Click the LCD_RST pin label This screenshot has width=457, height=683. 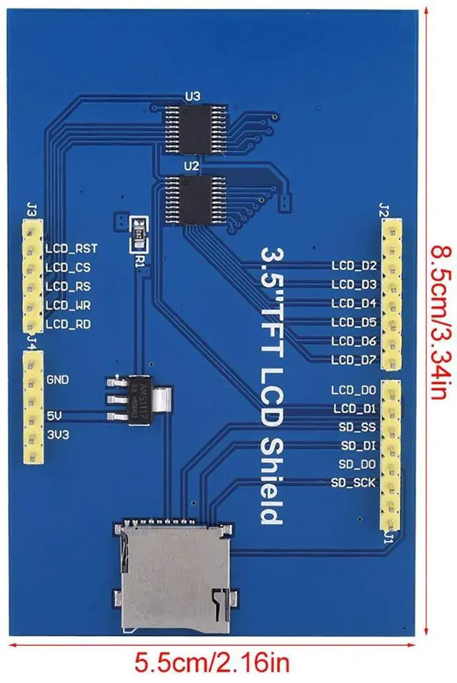pos(71,248)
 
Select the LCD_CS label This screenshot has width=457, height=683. pos(68,267)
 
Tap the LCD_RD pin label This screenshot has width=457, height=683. pos(69,324)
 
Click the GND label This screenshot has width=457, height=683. pos(57,379)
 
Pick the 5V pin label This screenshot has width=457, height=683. pos(54,415)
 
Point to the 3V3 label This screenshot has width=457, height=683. pos(56,434)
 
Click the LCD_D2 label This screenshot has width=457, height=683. pos(353,266)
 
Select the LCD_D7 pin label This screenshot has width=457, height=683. pos(353,360)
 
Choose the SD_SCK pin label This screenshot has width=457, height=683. pos(353,483)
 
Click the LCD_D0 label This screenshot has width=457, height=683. pos(353,390)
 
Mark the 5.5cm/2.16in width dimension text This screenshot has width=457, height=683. pos(213,664)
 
